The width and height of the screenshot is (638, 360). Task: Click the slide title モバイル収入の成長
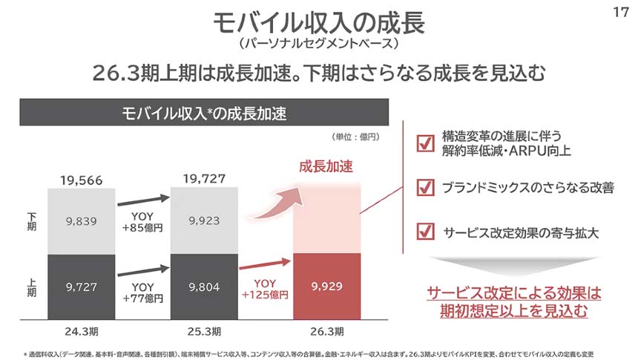coord(318,22)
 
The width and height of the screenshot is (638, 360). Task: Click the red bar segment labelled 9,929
coord(327,286)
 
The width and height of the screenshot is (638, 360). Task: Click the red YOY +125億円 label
coord(265,290)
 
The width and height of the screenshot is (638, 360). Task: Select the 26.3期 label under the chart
coord(327,330)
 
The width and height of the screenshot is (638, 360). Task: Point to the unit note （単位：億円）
coord(355,137)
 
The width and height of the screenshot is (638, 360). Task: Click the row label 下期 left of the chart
coord(31,220)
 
